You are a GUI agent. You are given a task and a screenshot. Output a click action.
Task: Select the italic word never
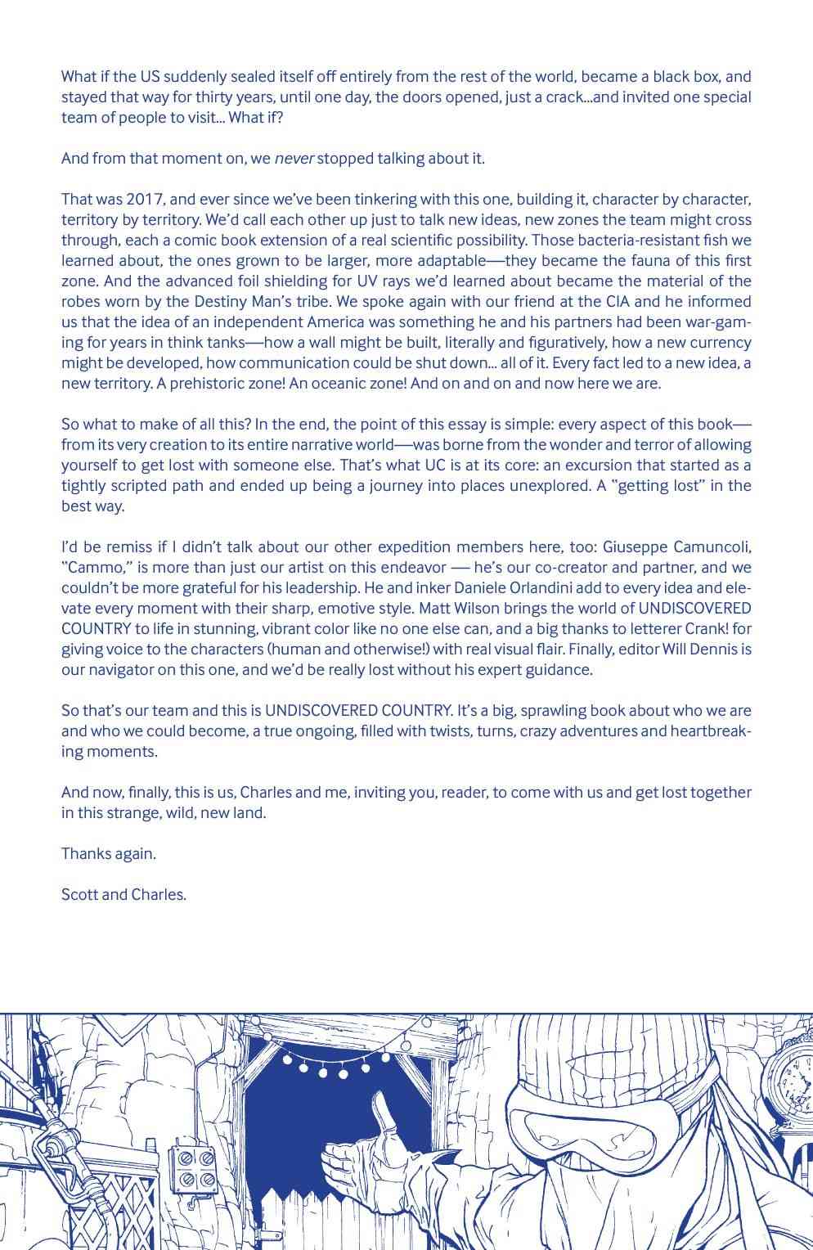(294, 159)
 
